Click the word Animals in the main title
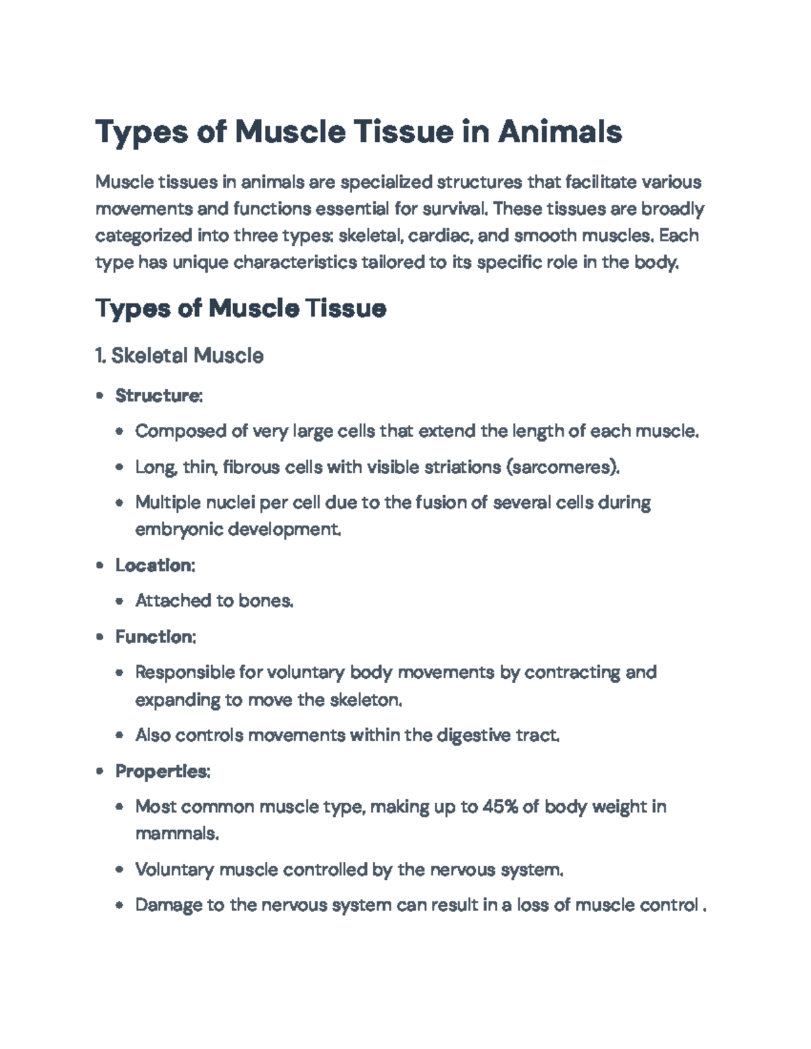pos(560,132)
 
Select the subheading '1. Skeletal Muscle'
pos(180,355)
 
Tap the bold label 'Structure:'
pos(159,395)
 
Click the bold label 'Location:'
pos(155,565)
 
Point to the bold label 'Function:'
pos(155,637)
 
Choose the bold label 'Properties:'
pos(163,771)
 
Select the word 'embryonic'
pos(179,530)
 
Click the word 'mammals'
pos(176,834)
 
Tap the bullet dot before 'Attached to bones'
pos(120,601)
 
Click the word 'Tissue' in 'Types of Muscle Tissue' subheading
pos(345,309)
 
